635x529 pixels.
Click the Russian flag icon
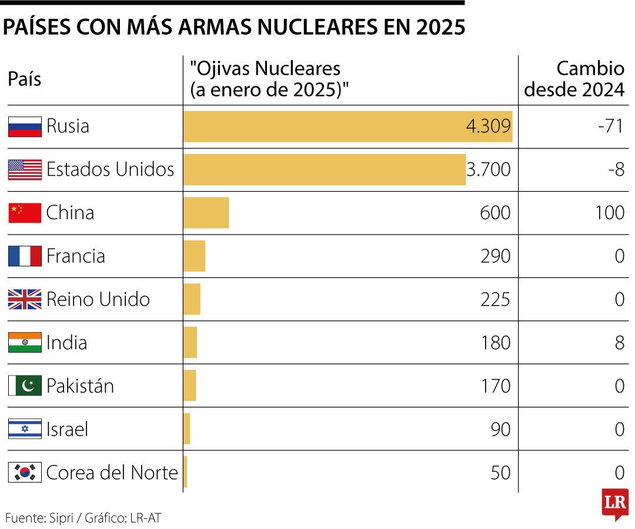pyautogui.click(x=25, y=126)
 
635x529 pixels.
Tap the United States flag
pyautogui.click(x=25, y=169)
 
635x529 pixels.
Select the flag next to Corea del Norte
pyautogui.click(x=25, y=473)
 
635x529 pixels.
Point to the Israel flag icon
pyautogui.click(x=25, y=429)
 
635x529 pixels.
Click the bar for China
pyautogui.click(x=206, y=213)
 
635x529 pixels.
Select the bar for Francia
pyautogui.click(x=194, y=256)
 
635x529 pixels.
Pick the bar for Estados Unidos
pyautogui.click(x=324, y=169)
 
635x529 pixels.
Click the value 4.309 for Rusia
pyautogui.click(x=487, y=126)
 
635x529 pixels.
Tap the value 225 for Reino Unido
pyautogui.click(x=495, y=299)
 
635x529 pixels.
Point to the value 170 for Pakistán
pyautogui.click(x=495, y=386)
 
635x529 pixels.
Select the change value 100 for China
pyautogui.click(x=609, y=213)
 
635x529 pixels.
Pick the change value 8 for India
pyautogui.click(x=619, y=343)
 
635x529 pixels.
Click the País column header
pyautogui.click(x=25, y=79)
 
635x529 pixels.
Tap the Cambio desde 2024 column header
pyautogui.click(x=574, y=79)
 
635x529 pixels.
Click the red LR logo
pyautogui.click(x=615, y=504)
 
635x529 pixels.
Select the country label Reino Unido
pyautogui.click(x=98, y=299)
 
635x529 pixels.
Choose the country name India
pyautogui.click(x=66, y=343)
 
